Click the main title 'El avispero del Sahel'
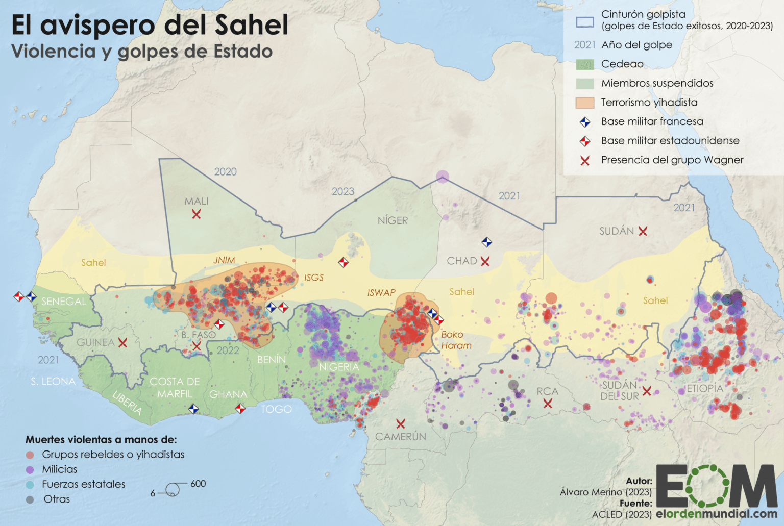tap(150, 24)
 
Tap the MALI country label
tap(197, 202)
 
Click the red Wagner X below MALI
tap(197, 214)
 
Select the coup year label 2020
tap(226, 172)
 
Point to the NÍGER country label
tap(393, 221)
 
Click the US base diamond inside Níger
tap(344, 263)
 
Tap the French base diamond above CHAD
tap(487, 242)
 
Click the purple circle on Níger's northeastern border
tap(443, 177)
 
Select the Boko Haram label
tap(456, 340)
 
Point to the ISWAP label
tap(381, 293)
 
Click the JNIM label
tap(224, 260)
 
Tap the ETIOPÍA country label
tap(704, 389)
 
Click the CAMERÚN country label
tap(400, 437)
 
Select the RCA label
tap(547, 391)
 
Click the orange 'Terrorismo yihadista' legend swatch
tap(585, 103)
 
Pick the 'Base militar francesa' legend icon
tap(585, 122)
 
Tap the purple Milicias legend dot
tap(30, 470)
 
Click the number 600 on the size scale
tap(198, 484)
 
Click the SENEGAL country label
tap(64, 302)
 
